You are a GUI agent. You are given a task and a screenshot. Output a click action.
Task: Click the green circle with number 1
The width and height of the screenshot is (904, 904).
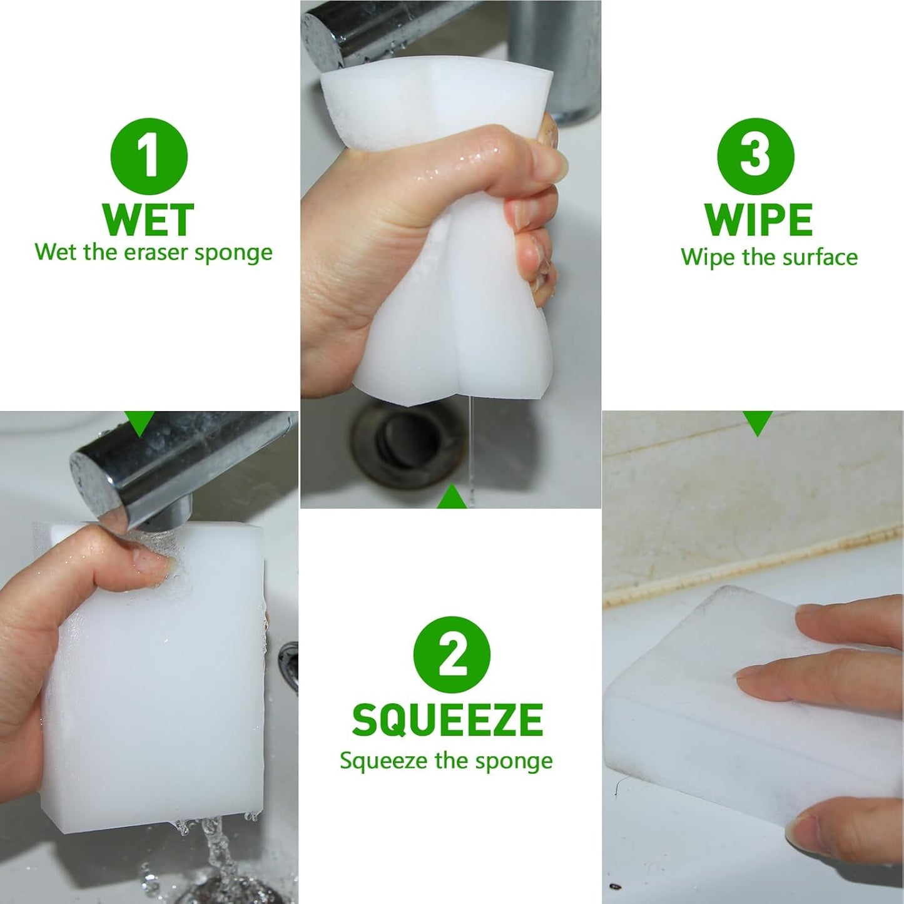pyautogui.click(x=149, y=156)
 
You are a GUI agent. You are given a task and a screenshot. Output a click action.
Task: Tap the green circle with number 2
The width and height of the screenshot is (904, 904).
pyautogui.click(x=452, y=654)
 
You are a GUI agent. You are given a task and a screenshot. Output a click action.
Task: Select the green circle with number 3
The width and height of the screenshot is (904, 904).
pyautogui.click(x=756, y=156)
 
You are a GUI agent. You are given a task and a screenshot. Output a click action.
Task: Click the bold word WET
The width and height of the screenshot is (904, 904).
pyautogui.click(x=148, y=220)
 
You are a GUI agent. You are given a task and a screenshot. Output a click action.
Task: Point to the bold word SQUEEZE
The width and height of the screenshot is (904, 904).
pyautogui.click(x=447, y=720)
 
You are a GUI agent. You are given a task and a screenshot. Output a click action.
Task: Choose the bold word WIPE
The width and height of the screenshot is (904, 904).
pyautogui.click(x=758, y=220)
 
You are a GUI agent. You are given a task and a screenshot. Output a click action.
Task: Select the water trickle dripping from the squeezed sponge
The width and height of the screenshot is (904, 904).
pyautogui.click(x=470, y=450)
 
